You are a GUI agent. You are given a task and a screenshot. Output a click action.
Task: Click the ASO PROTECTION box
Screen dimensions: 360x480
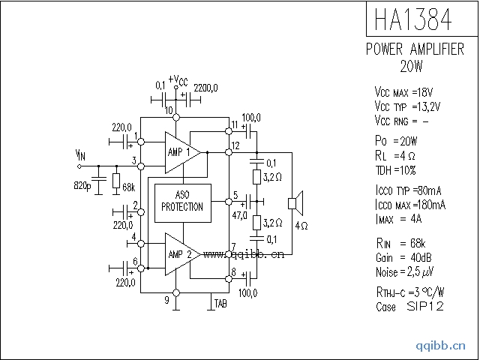pos(183,202)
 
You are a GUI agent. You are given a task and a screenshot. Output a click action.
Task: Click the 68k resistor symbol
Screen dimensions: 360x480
pos(116,181)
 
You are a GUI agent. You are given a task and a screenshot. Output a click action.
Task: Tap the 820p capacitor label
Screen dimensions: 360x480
pos(82,184)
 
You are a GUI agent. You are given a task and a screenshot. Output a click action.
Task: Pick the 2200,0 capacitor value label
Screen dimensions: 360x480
pos(205,88)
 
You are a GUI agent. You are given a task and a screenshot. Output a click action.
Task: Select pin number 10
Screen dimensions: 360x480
pos(169,111)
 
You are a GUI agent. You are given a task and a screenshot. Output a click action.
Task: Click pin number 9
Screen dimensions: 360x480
pos(166,301)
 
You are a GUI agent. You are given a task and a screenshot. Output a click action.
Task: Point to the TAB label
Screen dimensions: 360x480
pos(220,303)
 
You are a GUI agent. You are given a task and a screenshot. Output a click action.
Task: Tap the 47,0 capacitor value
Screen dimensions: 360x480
pos(240,214)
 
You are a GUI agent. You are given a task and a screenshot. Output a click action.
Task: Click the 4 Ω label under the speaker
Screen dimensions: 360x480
pos(300,225)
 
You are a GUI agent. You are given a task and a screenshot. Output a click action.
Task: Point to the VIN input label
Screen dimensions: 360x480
pos(80,154)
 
